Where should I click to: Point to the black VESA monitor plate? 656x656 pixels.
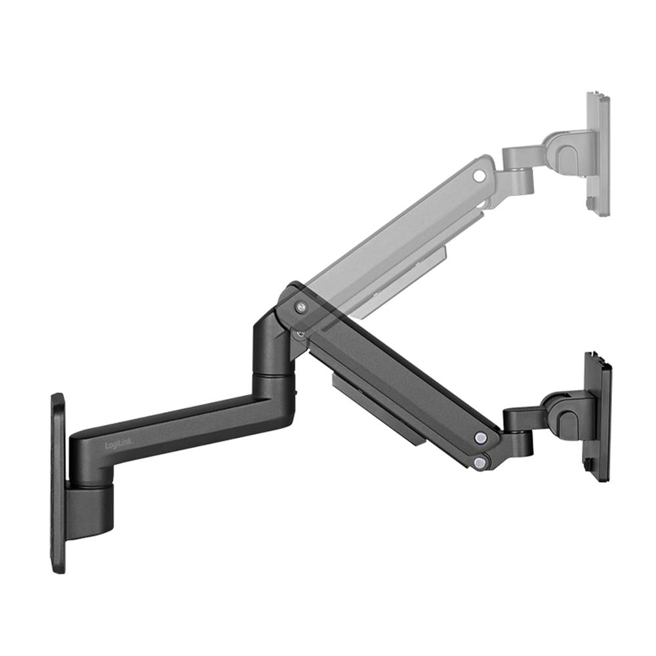[x=598, y=415]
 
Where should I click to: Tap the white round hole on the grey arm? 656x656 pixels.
[x=480, y=176]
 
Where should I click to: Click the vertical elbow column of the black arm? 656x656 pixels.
[x=270, y=348]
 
